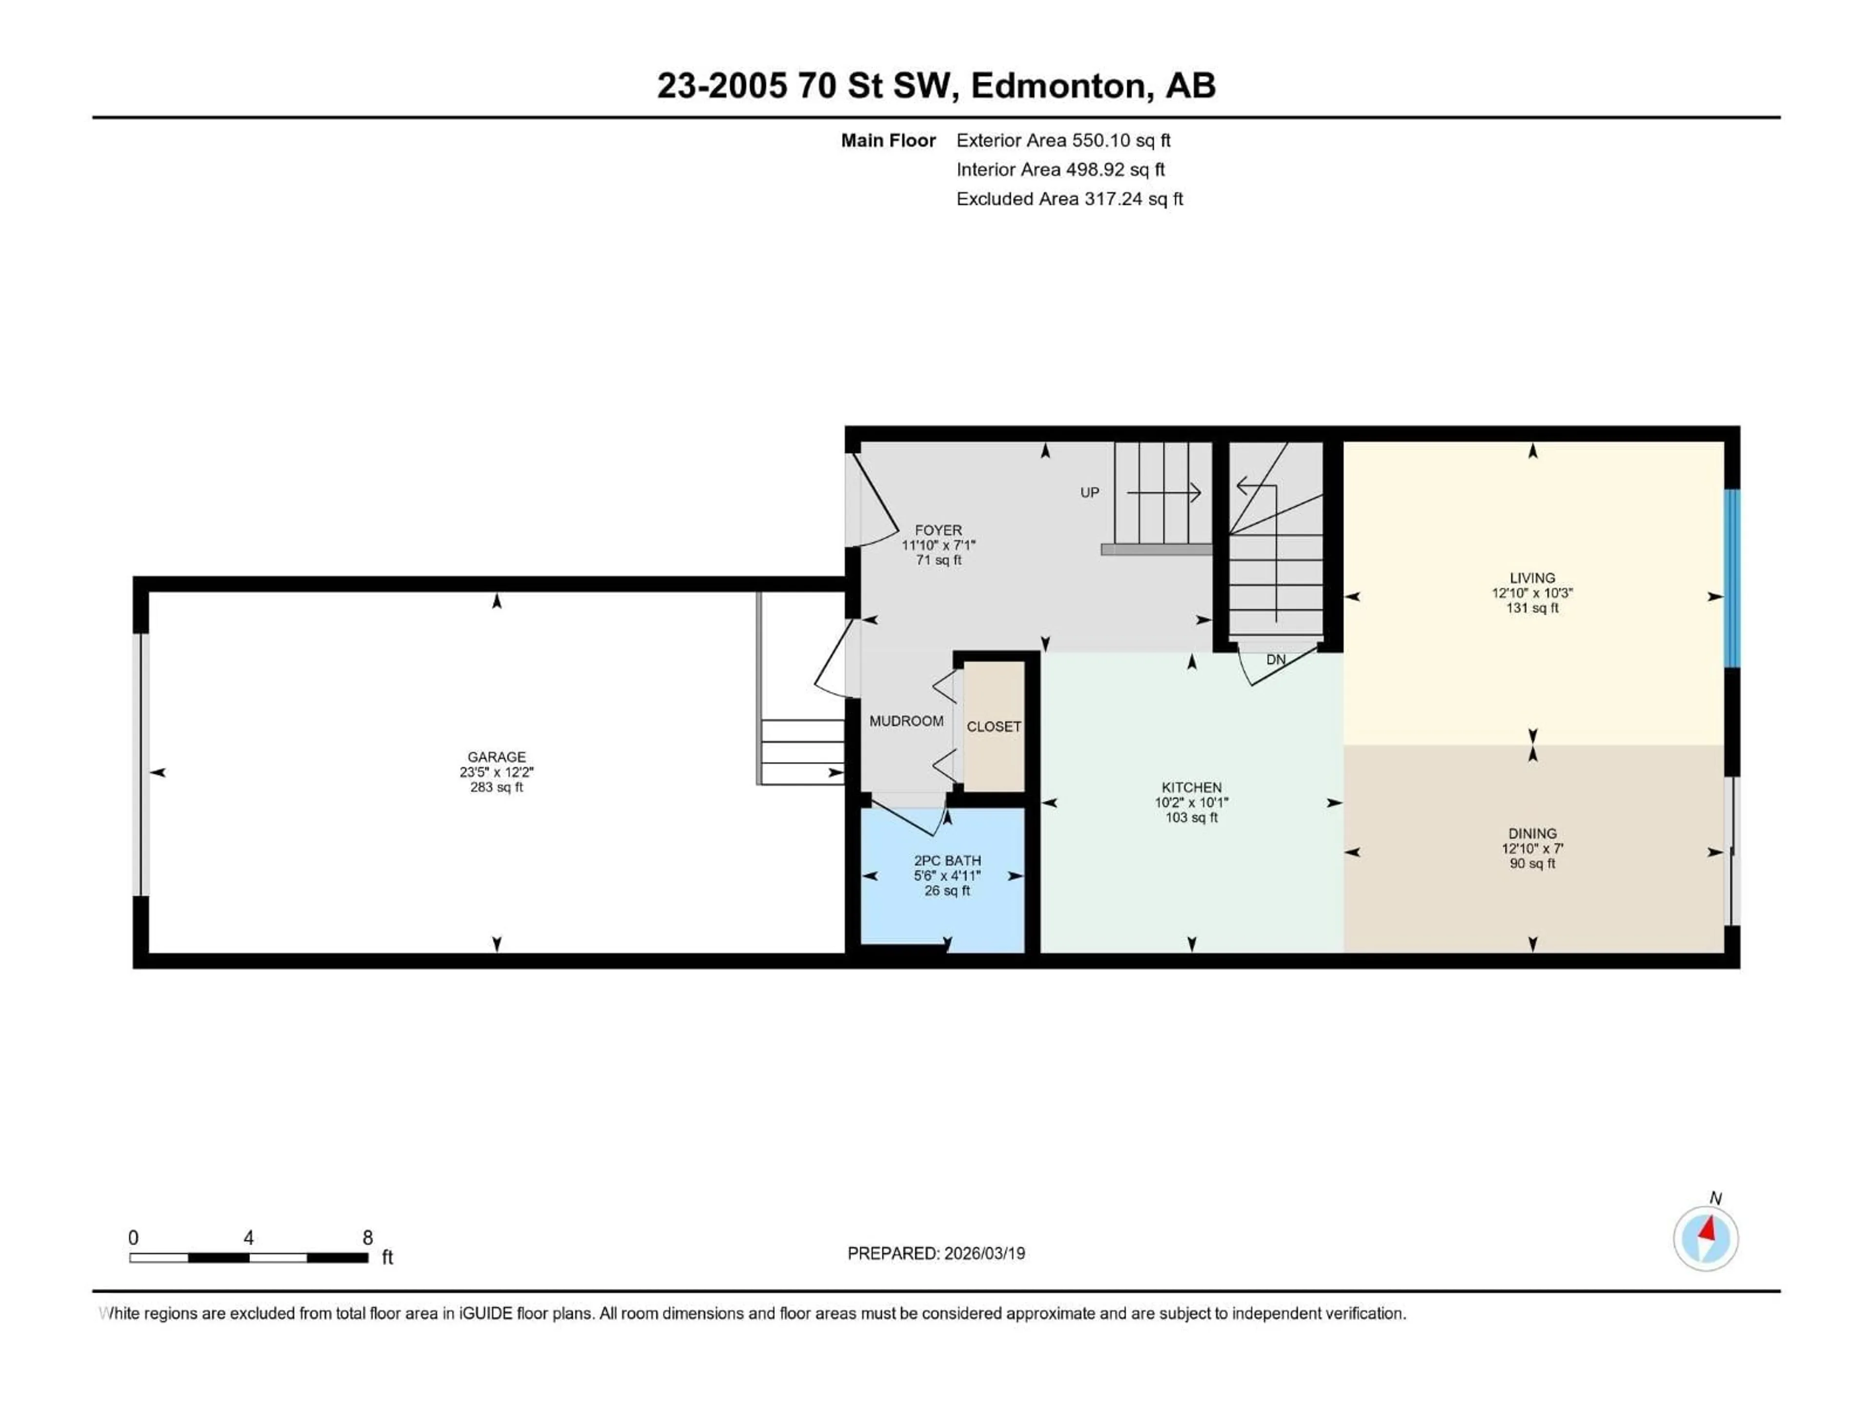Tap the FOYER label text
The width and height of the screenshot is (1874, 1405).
(x=938, y=530)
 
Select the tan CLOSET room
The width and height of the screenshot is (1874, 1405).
(x=994, y=726)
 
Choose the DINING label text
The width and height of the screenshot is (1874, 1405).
(x=1532, y=833)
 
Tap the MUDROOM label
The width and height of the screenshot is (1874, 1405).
(x=906, y=721)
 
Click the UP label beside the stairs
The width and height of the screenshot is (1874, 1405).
(x=1089, y=492)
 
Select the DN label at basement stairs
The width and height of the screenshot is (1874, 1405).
(x=1275, y=660)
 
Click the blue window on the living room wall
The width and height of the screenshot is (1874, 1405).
(x=1732, y=579)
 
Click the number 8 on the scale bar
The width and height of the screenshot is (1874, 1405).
(x=367, y=1237)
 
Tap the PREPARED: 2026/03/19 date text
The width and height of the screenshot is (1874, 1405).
(x=936, y=1253)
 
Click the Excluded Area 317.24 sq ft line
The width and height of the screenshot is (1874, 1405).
(x=1069, y=199)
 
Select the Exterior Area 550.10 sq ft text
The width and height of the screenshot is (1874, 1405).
(x=1063, y=140)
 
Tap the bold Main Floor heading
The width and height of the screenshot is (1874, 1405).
(x=888, y=140)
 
